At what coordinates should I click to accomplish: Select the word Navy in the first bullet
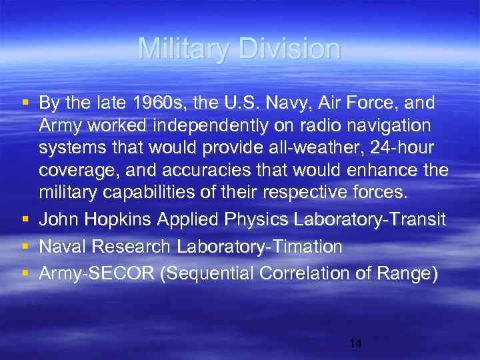tap(273, 103)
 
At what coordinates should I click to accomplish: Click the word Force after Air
tap(365, 103)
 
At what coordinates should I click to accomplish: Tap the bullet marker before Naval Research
tap(25, 247)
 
